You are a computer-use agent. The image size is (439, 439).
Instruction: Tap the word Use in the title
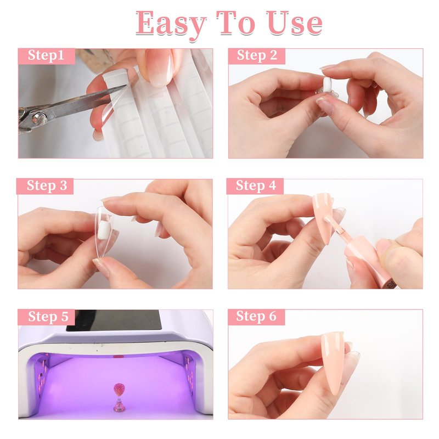pyautogui.click(x=294, y=23)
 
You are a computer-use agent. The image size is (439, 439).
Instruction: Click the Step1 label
pyautogui.click(x=46, y=55)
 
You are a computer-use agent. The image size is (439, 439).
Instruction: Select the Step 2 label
pyautogui.click(x=257, y=55)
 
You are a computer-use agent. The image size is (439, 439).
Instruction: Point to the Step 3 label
pyautogui.click(x=47, y=185)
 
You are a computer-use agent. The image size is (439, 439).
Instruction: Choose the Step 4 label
pyautogui.click(x=256, y=185)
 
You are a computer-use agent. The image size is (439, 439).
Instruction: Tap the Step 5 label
pyautogui.click(x=48, y=317)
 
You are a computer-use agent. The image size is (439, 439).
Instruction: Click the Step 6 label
pyautogui.click(x=256, y=317)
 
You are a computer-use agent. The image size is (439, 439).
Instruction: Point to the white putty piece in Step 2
pyautogui.click(x=327, y=85)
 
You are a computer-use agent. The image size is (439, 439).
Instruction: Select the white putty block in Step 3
pyautogui.click(x=103, y=230)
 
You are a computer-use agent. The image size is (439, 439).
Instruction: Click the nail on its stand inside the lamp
pyautogui.click(x=119, y=390)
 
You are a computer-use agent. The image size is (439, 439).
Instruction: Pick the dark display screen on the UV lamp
pyautogui.click(x=114, y=320)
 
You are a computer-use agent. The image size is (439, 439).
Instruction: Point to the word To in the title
pyautogui.click(x=236, y=23)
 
